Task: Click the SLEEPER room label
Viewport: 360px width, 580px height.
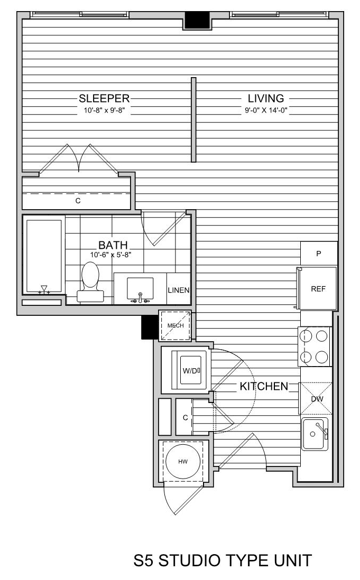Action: pos(104,98)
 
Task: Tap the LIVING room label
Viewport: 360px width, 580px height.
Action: pos(266,98)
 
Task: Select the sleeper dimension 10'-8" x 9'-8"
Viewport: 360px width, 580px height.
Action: pos(104,110)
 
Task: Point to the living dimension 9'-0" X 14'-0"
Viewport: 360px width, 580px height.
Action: pos(266,110)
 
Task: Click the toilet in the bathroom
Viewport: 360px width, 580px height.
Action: pos(90,282)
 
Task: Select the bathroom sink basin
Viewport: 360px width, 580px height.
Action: pos(140,288)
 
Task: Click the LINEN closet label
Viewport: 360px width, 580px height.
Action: pos(179,291)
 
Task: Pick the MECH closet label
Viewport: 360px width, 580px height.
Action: pos(176,325)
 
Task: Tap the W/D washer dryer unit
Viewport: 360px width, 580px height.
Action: pos(190,370)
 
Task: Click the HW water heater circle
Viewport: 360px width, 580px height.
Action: pos(183,461)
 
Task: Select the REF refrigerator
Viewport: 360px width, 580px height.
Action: pos(318,288)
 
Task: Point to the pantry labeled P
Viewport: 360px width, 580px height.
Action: pos(319,254)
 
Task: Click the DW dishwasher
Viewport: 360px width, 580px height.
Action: pos(316,398)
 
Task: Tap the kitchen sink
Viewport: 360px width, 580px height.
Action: pos(315,434)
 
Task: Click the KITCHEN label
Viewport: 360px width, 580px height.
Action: pos(264,386)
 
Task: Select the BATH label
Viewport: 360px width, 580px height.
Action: pos(113,245)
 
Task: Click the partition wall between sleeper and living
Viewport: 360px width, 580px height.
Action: pos(193,120)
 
